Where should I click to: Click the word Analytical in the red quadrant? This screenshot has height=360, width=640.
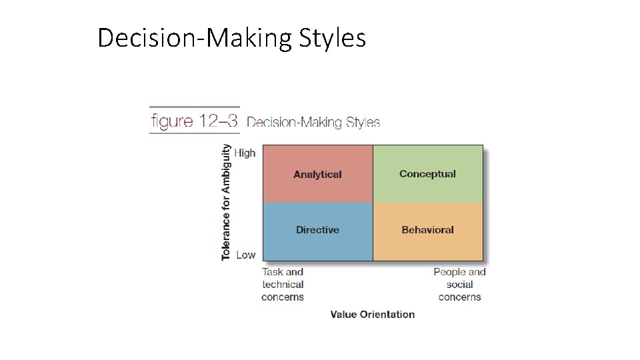(x=317, y=175)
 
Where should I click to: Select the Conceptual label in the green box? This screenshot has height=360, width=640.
(x=427, y=174)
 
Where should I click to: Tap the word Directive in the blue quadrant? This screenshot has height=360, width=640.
(x=317, y=230)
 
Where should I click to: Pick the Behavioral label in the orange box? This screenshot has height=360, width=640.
(x=427, y=230)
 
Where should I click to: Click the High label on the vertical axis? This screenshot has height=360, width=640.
(x=245, y=153)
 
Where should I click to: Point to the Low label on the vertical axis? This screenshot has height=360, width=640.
(x=245, y=255)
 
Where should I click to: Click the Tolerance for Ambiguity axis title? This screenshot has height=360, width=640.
(x=227, y=203)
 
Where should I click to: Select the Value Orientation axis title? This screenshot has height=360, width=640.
(x=373, y=315)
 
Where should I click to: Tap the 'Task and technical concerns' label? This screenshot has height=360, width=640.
(x=283, y=285)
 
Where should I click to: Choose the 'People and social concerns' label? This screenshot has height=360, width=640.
(x=459, y=285)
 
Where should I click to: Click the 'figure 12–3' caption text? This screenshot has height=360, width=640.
(x=194, y=121)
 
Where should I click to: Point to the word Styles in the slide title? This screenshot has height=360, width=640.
(x=333, y=38)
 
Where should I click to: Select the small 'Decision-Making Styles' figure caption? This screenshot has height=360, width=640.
(x=313, y=123)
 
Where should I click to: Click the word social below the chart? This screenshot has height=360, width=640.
(x=460, y=285)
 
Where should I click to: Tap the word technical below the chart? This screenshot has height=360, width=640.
(x=283, y=285)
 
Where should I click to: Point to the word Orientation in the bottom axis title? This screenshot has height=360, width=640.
(x=387, y=315)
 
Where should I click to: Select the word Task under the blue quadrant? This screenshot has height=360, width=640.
(x=273, y=272)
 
